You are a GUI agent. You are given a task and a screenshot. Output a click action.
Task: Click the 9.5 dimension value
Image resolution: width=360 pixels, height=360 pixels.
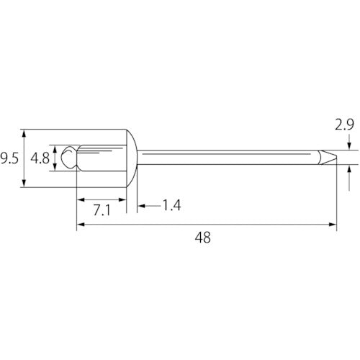[x=9, y=157]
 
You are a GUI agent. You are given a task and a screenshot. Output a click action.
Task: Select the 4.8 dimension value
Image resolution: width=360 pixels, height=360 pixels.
[x=41, y=157]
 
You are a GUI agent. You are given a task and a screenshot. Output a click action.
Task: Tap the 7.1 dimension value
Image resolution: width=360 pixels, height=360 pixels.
[x=101, y=210]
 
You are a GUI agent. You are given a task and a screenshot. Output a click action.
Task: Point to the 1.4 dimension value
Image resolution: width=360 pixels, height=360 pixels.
[x=170, y=207]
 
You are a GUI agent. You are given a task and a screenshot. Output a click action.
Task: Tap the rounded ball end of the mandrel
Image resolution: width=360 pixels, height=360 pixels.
[x=68, y=158]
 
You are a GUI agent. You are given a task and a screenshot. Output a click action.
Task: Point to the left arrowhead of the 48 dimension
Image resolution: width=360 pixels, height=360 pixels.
[x=80, y=225]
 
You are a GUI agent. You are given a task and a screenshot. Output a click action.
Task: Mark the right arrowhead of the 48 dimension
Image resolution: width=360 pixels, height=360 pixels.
[x=332, y=225]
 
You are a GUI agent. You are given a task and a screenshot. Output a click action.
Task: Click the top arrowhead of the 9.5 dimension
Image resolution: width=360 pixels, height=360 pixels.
[x=26, y=133]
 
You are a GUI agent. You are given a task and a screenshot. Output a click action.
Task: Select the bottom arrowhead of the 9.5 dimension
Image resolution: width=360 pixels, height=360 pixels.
[x=26, y=183]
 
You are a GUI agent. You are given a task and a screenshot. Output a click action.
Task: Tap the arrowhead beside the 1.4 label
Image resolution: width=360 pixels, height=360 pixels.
[x=141, y=207]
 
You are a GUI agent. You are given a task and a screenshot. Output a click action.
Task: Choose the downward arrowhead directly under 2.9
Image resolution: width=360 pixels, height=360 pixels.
[x=348, y=147]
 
